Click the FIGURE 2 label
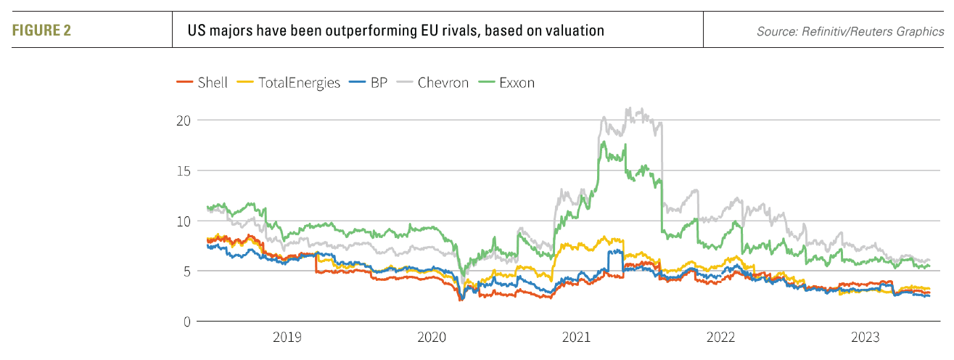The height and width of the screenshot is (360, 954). [x=41, y=31]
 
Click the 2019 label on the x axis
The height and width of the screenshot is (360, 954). [x=287, y=337]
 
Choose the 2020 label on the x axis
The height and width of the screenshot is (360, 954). [x=432, y=337]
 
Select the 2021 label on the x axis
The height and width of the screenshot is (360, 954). [x=576, y=337]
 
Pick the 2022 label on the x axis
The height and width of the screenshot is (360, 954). [x=721, y=337]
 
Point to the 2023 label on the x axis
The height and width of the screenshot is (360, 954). [x=865, y=337]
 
